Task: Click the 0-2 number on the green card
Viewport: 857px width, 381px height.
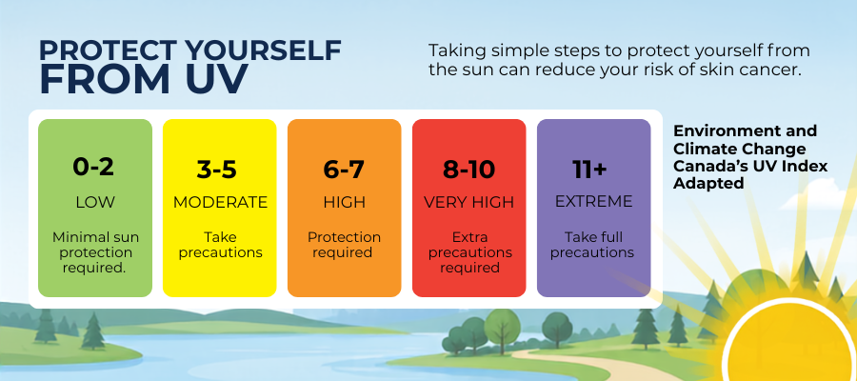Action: [x=93, y=168]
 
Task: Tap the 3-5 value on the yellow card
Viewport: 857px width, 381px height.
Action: [x=217, y=170]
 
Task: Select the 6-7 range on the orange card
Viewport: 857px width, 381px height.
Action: [x=344, y=170]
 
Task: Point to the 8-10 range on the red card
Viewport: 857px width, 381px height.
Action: [x=468, y=170]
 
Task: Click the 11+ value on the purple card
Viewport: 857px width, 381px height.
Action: [x=589, y=170]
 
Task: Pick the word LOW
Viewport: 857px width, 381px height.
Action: [x=95, y=202]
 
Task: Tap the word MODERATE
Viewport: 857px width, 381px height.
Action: [x=220, y=202]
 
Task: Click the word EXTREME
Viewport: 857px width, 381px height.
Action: [x=593, y=201]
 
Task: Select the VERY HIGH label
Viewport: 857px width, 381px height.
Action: [x=468, y=202]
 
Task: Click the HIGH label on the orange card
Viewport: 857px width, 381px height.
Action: [x=344, y=202]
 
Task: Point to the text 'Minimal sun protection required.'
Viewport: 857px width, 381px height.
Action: [x=95, y=252]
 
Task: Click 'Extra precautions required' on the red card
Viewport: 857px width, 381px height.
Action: [x=469, y=252]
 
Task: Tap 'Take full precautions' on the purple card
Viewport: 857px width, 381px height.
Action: [x=592, y=245]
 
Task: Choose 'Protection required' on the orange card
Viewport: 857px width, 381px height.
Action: [x=344, y=245]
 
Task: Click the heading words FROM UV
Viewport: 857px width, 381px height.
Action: [x=144, y=79]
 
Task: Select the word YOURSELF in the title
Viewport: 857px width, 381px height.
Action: [x=263, y=50]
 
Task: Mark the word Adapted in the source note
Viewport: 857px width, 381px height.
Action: [x=708, y=184]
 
